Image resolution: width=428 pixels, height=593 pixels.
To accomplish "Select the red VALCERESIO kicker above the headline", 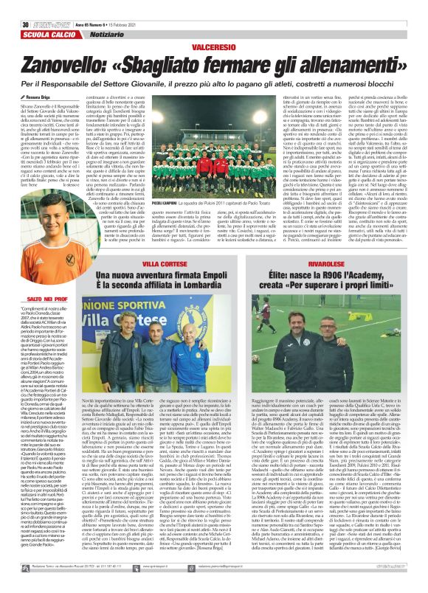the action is (x=213, y=26).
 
